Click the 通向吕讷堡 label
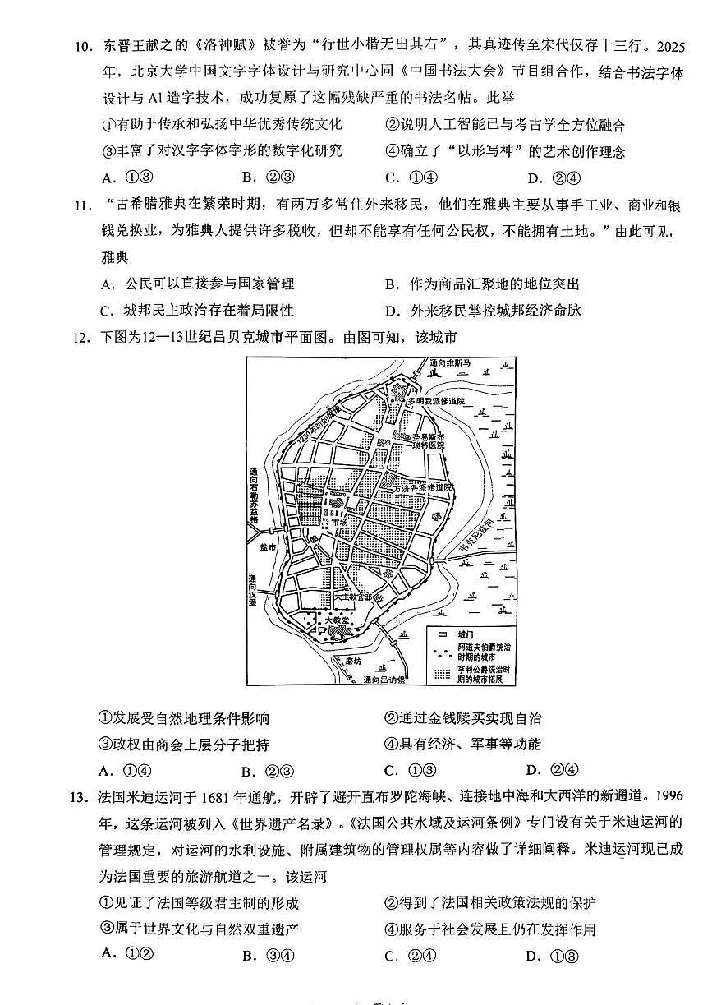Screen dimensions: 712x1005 [x=386, y=680]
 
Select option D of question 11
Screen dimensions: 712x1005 [x=392, y=311]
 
